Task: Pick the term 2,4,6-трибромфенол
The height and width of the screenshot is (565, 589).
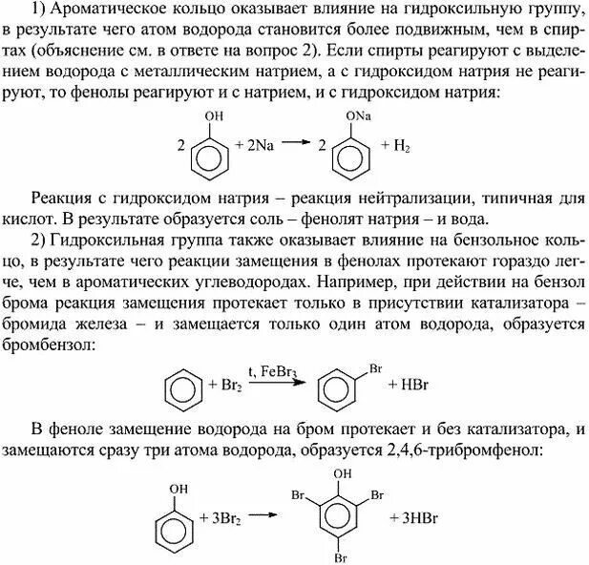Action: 477,447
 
